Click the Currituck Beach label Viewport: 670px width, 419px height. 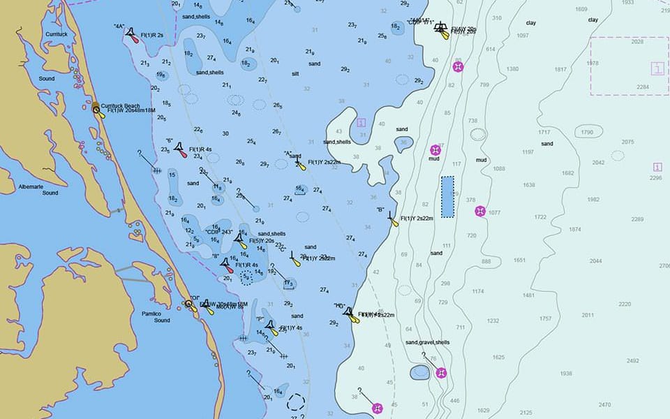point(120,106)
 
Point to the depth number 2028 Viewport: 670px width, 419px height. point(637,42)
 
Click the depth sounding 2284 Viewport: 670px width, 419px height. point(642,87)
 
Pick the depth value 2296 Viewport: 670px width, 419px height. point(655,178)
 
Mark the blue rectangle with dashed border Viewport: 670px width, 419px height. point(447,196)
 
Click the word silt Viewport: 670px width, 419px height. point(295,73)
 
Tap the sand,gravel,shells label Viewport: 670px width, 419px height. point(427,343)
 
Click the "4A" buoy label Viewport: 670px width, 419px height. point(119,27)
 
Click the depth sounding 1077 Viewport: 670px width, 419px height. point(494,212)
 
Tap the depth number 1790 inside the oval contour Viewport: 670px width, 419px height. point(587,132)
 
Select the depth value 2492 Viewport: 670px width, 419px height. point(632,361)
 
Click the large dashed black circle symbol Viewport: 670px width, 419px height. point(297,402)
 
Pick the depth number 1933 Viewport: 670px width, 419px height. point(627,3)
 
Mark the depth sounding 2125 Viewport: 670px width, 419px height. point(526,413)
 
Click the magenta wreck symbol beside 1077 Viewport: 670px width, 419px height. point(479,211)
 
